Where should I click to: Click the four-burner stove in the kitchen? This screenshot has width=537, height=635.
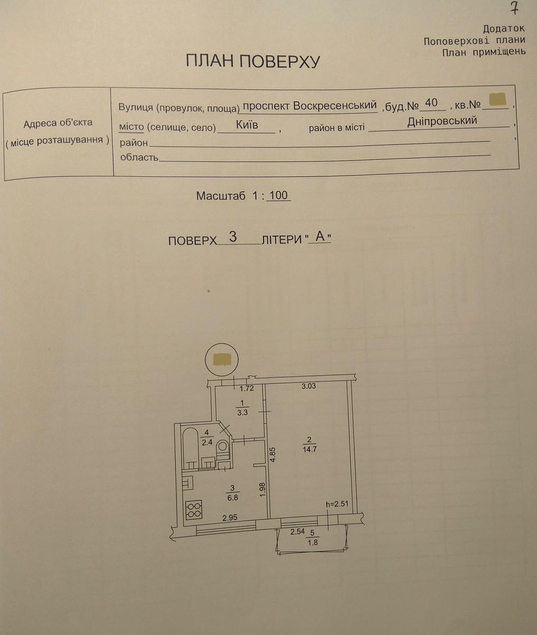click(x=193, y=510)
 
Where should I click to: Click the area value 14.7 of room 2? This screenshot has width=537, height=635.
click(x=309, y=449)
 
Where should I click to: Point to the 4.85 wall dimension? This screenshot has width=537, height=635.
click(x=273, y=455)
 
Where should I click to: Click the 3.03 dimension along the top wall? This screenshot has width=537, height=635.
click(x=308, y=386)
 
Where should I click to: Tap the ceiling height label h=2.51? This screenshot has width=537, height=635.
click(x=337, y=504)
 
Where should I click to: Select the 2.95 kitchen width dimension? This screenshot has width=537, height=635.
click(x=230, y=518)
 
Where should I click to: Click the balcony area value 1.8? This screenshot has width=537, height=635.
click(x=313, y=542)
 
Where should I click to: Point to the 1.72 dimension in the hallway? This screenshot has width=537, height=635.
click(x=247, y=388)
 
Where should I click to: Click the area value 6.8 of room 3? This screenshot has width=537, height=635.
click(x=233, y=497)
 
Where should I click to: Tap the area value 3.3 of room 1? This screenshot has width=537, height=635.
click(x=243, y=413)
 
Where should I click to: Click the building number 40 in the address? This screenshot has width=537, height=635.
click(x=431, y=103)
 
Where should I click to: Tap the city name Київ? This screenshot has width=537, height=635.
click(x=247, y=125)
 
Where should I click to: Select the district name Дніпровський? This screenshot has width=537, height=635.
click(x=442, y=121)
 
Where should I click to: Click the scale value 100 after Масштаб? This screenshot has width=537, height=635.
click(x=279, y=195)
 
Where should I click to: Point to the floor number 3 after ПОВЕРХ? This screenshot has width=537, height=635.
click(x=233, y=237)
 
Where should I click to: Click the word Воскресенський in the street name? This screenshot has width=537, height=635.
click(x=335, y=105)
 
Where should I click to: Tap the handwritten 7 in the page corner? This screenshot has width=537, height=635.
click(x=514, y=9)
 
